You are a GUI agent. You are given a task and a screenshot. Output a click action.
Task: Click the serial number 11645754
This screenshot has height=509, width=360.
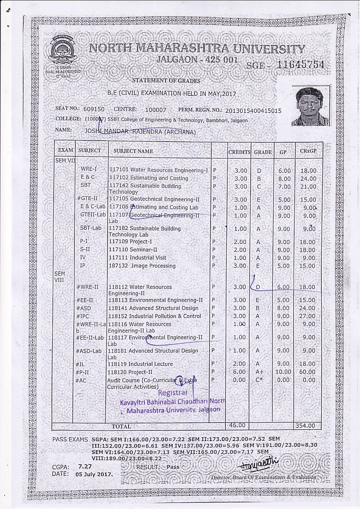tap(301, 65)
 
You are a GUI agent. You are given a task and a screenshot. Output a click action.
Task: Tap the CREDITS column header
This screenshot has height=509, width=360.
tap(240, 152)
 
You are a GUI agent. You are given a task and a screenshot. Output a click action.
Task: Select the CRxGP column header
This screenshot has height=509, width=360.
tap(308, 151)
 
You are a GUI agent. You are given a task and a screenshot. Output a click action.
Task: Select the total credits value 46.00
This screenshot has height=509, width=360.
tap(237, 425)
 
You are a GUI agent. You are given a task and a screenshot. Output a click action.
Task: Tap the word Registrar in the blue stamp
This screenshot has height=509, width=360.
tap(173, 393)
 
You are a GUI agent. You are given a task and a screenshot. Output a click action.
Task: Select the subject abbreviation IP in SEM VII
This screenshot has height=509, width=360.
tap(83, 266)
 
